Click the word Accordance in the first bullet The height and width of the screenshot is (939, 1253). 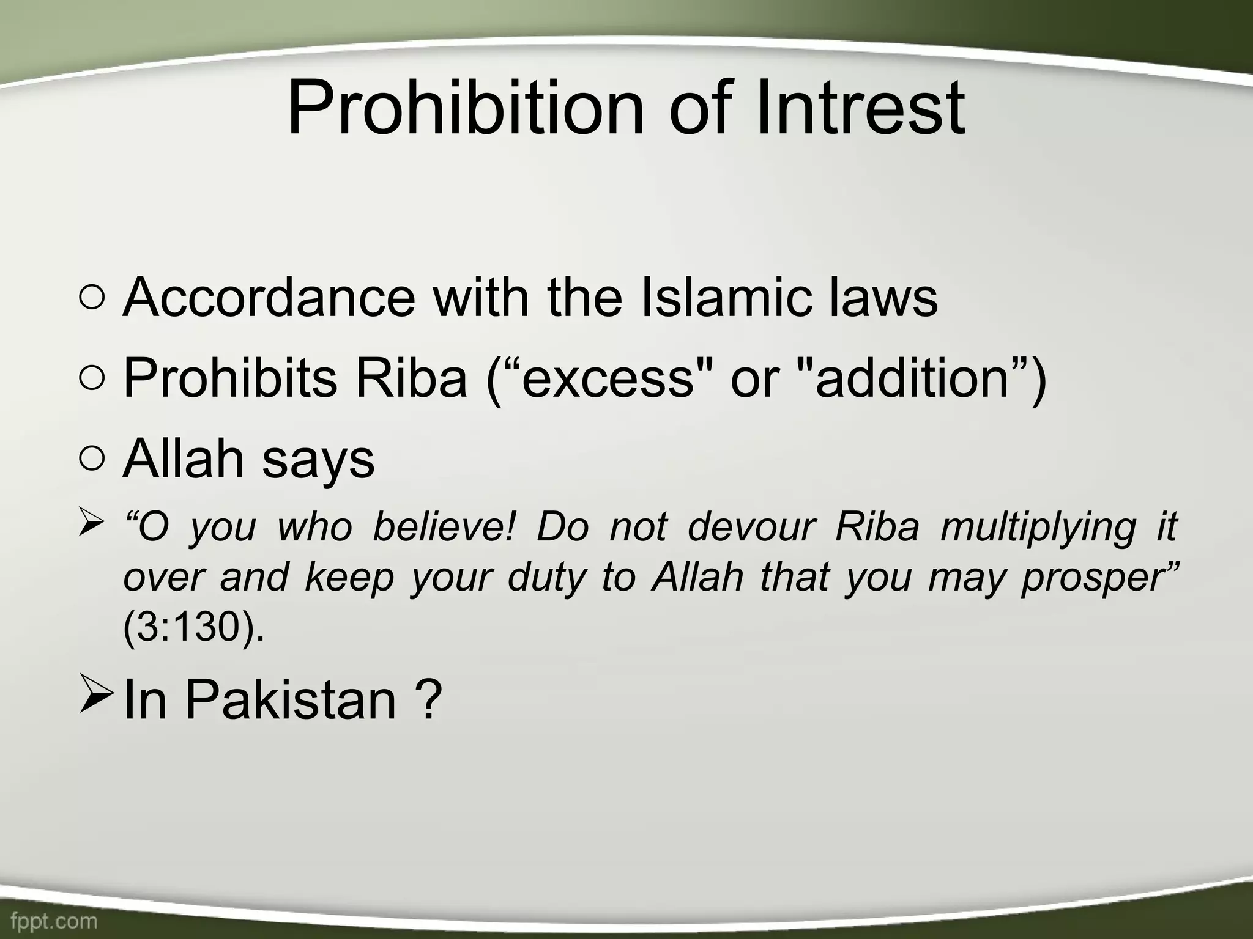269,298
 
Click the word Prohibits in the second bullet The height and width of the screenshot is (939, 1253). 230,378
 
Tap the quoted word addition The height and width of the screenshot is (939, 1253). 912,378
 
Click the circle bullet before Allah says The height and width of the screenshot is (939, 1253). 91,460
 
